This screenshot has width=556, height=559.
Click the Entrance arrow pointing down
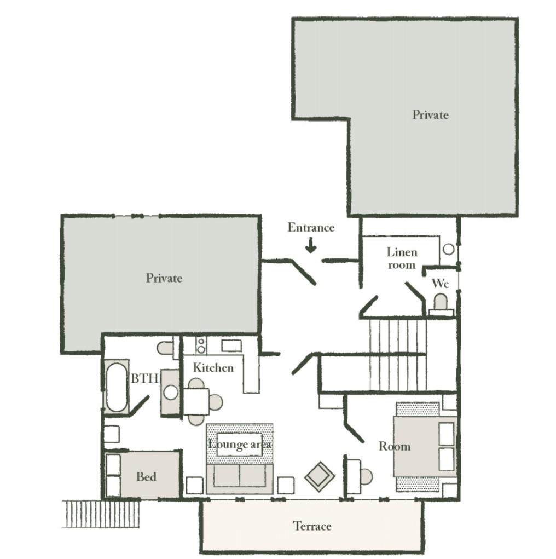click(x=311, y=246)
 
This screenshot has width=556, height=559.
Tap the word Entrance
click(x=311, y=227)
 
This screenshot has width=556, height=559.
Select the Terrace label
click(x=312, y=526)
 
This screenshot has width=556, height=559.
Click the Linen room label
click(x=402, y=258)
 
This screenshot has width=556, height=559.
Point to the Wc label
click(x=440, y=284)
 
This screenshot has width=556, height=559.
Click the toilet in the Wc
click(x=441, y=305)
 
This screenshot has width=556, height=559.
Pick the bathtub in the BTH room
click(x=116, y=387)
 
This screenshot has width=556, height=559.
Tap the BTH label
click(x=144, y=378)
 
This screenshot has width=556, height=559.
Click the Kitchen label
click(x=213, y=367)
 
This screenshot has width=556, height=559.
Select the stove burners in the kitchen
click(x=201, y=345)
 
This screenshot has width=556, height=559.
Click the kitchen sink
click(x=231, y=345)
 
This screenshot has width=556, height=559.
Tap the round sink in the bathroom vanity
click(x=171, y=393)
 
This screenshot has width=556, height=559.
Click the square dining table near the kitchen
click(x=196, y=402)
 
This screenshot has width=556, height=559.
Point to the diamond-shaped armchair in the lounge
click(x=320, y=477)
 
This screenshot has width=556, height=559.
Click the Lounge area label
click(x=240, y=444)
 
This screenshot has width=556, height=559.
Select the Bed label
click(x=146, y=477)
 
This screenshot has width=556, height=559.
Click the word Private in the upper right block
click(x=430, y=114)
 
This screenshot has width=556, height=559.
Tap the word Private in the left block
click(x=164, y=278)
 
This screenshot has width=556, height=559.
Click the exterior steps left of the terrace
click(x=101, y=514)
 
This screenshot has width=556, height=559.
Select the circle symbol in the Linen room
click(x=449, y=249)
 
